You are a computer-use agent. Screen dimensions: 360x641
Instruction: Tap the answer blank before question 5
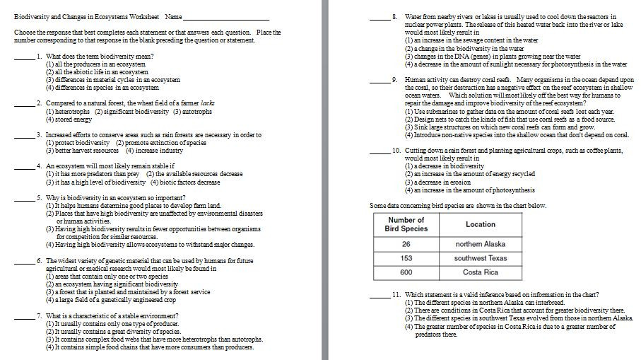click(x=23, y=200)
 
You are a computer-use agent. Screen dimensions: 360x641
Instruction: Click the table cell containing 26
click(x=406, y=244)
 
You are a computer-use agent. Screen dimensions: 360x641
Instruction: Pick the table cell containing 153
click(x=406, y=258)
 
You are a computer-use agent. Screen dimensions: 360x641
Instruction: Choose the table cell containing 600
click(x=406, y=272)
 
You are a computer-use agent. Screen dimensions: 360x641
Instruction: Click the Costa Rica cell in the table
click(x=481, y=272)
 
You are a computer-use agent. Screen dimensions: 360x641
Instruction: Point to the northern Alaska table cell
click(x=481, y=244)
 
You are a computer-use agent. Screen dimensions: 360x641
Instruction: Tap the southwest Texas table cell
click(x=481, y=258)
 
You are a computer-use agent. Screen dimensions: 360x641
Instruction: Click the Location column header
click(x=481, y=224)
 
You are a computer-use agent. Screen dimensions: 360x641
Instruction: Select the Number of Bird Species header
click(x=406, y=224)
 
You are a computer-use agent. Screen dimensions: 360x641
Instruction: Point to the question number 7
click(x=39, y=315)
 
